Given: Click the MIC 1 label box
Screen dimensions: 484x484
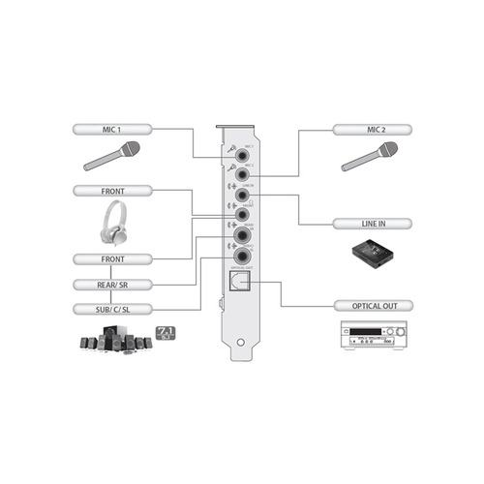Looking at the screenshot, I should click(111, 128).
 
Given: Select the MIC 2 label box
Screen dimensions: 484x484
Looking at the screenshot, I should click(372, 128).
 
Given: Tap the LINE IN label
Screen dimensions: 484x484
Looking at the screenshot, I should click(372, 224).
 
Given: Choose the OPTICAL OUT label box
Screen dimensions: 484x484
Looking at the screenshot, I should click(372, 306).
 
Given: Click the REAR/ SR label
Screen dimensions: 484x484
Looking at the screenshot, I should click(111, 285).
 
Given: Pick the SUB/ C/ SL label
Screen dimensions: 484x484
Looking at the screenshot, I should click(111, 309).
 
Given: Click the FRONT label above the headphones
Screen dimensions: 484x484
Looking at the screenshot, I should click(111, 192).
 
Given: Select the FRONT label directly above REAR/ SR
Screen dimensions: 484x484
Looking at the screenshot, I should click(111, 259).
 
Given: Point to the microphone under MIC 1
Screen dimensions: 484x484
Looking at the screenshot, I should click(112, 158).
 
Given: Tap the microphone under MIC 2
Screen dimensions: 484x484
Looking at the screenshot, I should click(372, 158).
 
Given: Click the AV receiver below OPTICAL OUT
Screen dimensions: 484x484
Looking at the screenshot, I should click(372, 340).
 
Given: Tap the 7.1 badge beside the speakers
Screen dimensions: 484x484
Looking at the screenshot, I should click(164, 334).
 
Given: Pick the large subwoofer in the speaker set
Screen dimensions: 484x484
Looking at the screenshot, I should click(114, 340).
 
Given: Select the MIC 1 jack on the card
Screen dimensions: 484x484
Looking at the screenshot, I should click(238, 152).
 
